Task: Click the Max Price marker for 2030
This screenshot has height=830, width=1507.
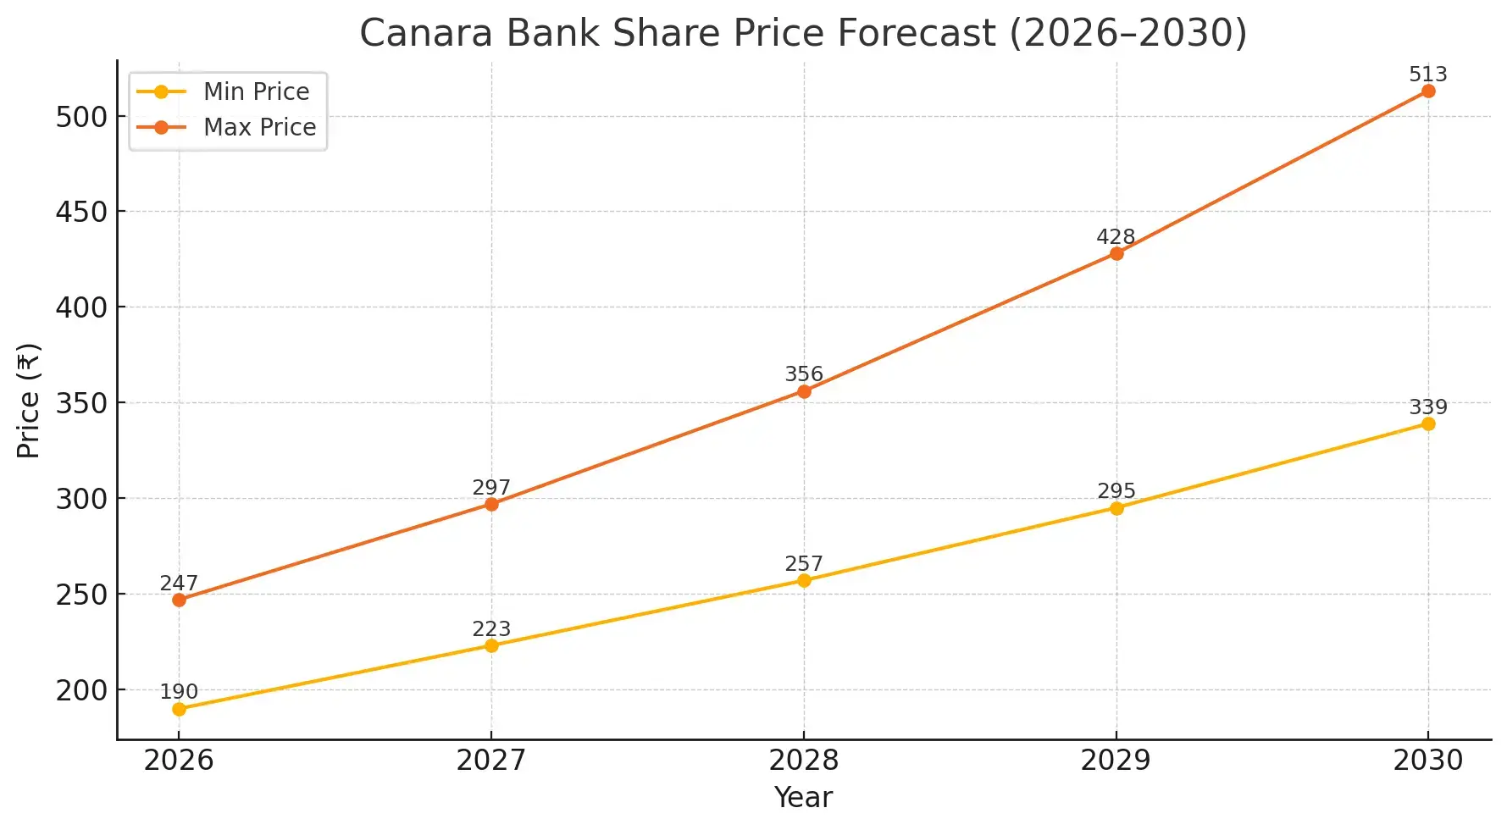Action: tap(1428, 91)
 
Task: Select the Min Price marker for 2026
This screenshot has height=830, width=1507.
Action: tap(179, 709)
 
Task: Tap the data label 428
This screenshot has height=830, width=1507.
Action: tap(1116, 237)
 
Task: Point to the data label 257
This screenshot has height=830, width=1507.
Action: tap(803, 564)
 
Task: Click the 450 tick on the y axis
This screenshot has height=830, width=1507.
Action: tap(82, 212)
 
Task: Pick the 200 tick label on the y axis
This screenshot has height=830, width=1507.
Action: tap(82, 690)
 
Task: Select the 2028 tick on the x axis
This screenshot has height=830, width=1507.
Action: tap(803, 761)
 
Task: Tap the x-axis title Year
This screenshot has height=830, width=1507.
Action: tap(803, 798)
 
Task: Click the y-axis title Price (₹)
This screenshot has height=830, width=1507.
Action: tap(29, 401)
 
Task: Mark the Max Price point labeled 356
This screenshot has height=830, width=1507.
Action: tap(804, 391)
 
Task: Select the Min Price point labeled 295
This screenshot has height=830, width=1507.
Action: tap(1116, 508)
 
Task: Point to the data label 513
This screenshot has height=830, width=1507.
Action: tap(1428, 75)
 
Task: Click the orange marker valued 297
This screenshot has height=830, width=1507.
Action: tap(491, 504)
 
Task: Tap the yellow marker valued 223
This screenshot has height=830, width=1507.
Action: tap(491, 645)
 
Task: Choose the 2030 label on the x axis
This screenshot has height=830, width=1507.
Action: tap(1428, 761)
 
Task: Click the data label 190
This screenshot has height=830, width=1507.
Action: tap(179, 692)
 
